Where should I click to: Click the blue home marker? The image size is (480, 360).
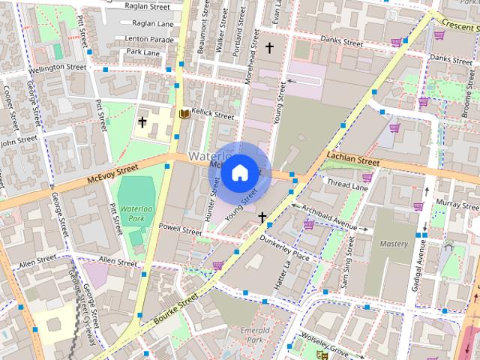[239, 173]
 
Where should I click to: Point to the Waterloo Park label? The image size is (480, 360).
[136, 212]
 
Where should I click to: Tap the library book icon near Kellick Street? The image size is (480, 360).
[183, 114]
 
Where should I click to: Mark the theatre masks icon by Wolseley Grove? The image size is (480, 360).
[322, 355]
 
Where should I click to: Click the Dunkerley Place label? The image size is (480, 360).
[284, 247]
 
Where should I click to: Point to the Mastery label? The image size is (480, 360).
[394, 244]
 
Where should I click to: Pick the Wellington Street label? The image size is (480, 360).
[57, 67]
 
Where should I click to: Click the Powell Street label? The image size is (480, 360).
[181, 229]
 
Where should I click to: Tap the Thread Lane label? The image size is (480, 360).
[346, 183]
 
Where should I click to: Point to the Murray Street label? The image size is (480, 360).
[457, 203]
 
